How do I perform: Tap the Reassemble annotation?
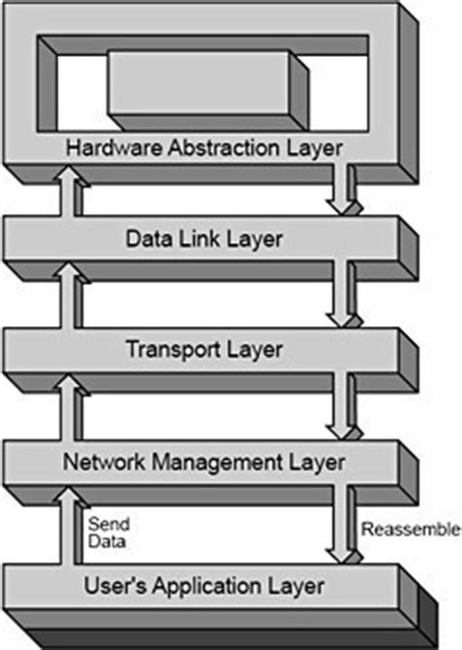pyautogui.click(x=410, y=530)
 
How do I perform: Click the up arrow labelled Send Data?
pyautogui.click(x=69, y=527)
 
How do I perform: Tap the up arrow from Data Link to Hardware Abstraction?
pyautogui.click(x=69, y=191)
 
